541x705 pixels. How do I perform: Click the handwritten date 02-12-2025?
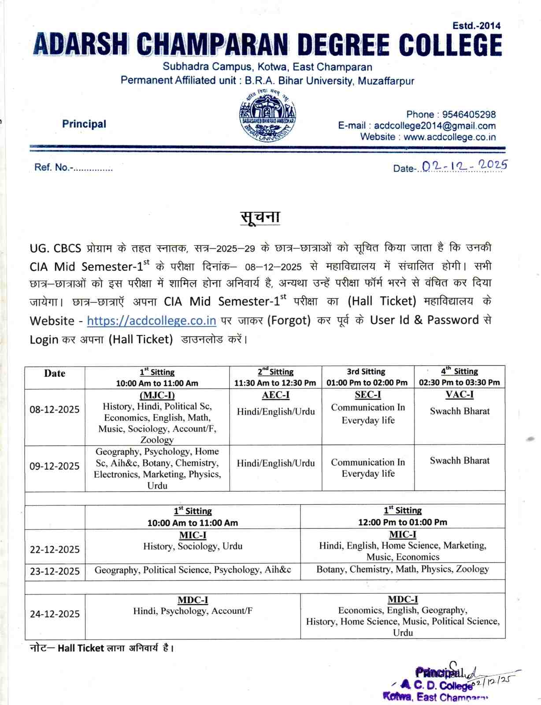464,166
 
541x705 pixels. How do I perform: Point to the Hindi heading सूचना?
260,217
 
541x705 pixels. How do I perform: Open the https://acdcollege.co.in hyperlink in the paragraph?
152,320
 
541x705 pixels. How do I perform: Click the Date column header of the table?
55,373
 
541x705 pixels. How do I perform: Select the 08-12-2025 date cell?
55,409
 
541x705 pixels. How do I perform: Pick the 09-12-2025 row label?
55,466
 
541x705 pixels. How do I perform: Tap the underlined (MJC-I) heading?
157,395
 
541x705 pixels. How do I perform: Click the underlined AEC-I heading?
276,395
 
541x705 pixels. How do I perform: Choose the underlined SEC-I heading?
368,395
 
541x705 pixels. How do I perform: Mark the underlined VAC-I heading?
459,395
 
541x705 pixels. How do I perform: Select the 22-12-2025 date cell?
55,549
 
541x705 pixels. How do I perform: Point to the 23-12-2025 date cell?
55,571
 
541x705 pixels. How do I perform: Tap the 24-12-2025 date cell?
55,614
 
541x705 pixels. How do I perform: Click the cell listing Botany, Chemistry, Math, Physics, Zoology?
403,569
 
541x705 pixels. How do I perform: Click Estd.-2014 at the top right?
476,26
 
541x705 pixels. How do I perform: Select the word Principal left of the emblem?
84,124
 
